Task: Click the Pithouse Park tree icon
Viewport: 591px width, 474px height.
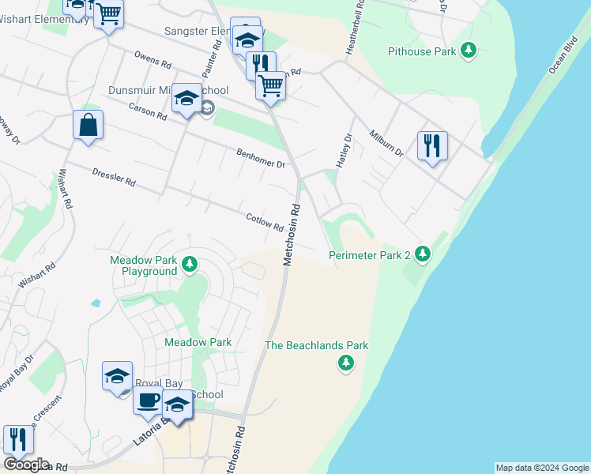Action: click(x=469, y=51)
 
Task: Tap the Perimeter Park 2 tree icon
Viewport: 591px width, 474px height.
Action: click(x=423, y=254)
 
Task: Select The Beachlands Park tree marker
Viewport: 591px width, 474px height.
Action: click(x=345, y=363)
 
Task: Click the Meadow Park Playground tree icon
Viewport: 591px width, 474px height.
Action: click(x=189, y=264)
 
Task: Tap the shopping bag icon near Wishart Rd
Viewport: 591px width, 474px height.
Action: click(x=88, y=126)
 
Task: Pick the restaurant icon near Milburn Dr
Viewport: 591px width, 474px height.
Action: click(x=432, y=146)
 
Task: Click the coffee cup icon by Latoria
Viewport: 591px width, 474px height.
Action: click(x=148, y=401)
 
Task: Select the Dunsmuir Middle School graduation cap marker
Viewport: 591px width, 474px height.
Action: click(x=187, y=99)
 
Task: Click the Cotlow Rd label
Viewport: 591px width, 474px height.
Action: click(x=265, y=222)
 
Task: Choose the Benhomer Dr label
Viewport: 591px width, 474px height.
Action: click(x=260, y=158)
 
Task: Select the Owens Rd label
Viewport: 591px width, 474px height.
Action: click(x=152, y=60)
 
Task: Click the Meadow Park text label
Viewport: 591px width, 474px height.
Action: click(x=198, y=342)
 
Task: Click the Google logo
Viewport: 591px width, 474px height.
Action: click(x=26, y=465)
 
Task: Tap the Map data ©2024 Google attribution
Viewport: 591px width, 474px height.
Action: click(x=542, y=468)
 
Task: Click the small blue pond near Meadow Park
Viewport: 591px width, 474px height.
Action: click(x=96, y=303)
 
